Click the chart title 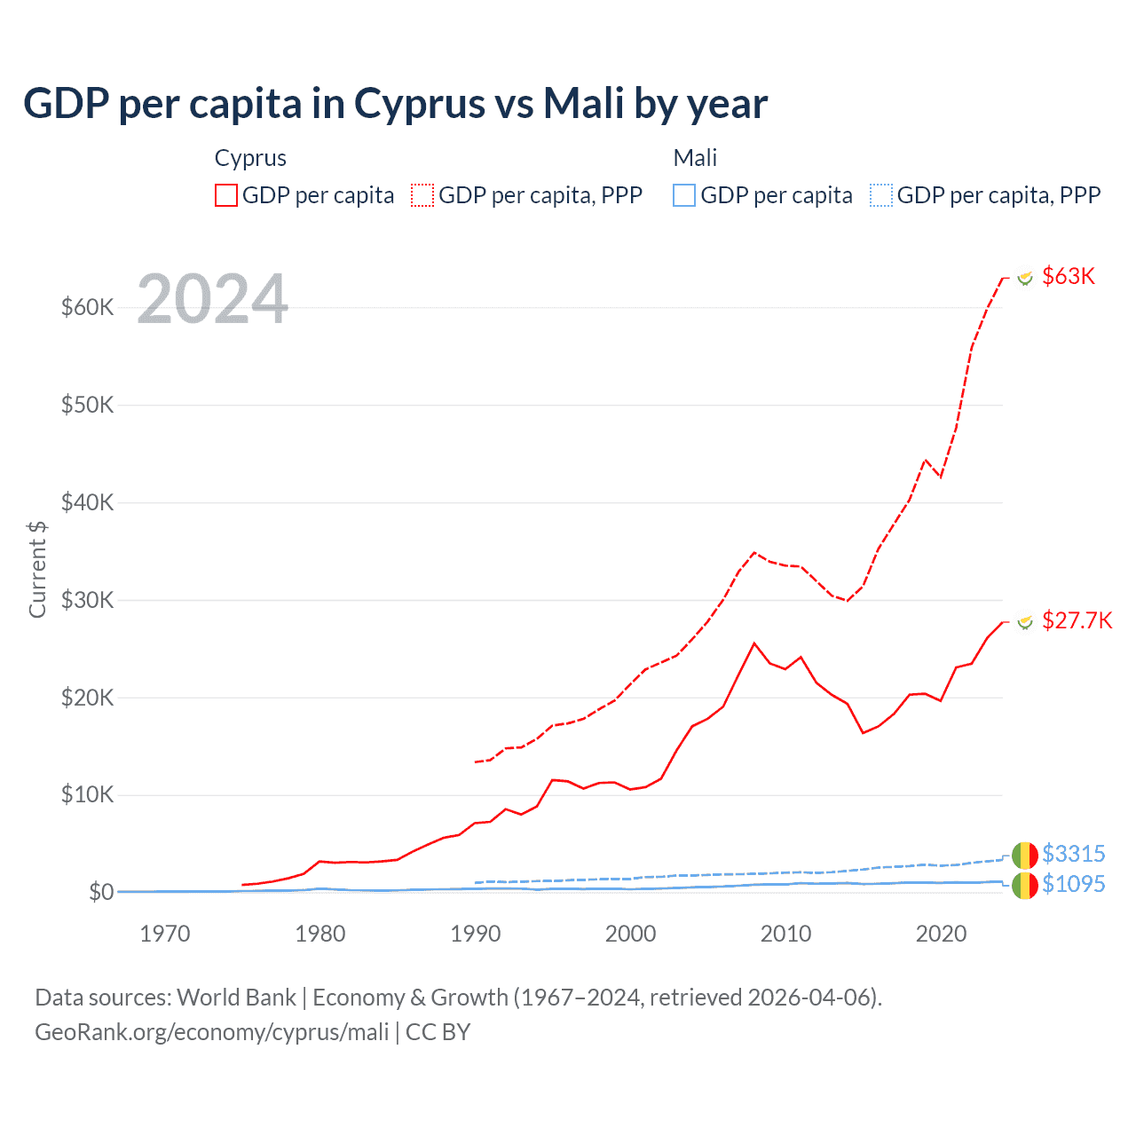click(395, 104)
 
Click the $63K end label click(1069, 276)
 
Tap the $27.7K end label click(1077, 620)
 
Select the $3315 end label click(1073, 854)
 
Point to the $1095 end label click(1073, 884)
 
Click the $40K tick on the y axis click(87, 502)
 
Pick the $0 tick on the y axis click(101, 892)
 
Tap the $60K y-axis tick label click(87, 307)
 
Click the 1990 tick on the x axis click(476, 934)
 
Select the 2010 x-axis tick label click(786, 934)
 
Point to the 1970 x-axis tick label click(165, 934)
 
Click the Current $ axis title click(37, 569)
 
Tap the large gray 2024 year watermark click(213, 299)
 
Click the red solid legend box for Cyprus click(226, 195)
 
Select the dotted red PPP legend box click(422, 195)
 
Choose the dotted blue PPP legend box click(881, 195)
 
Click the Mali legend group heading click(695, 158)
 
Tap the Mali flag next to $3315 click(1024, 855)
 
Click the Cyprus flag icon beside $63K click(1025, 278)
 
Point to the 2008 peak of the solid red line click(754, 643)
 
